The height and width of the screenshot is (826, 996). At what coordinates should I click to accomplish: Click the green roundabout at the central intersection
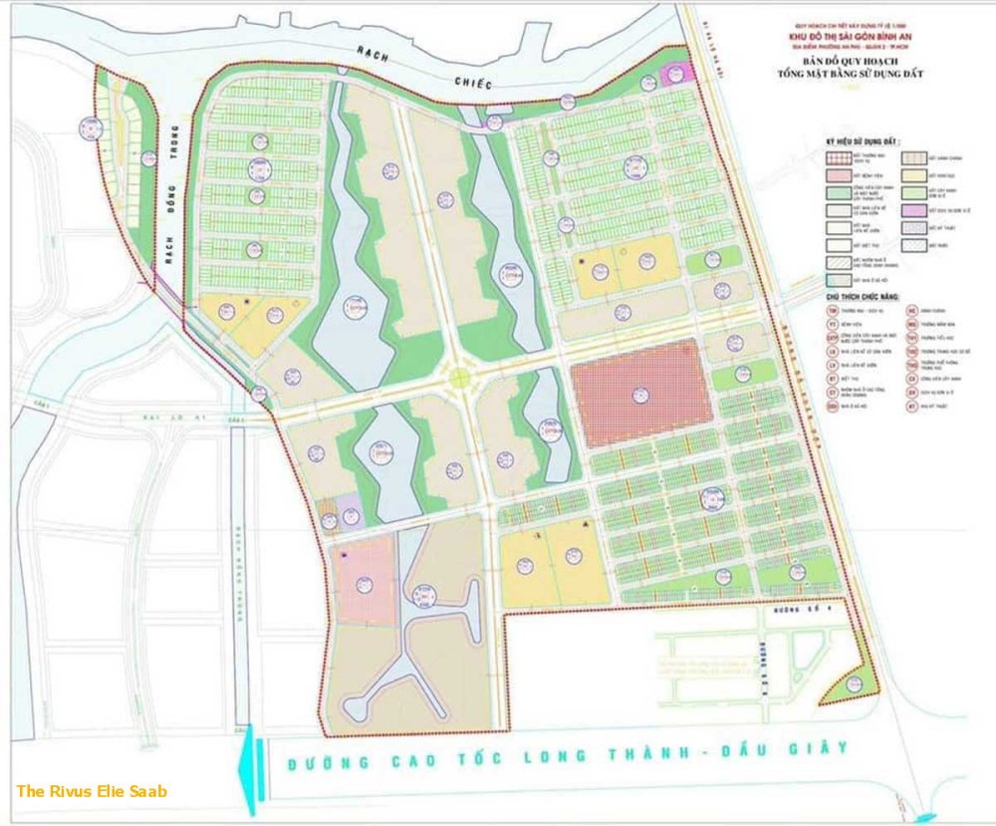coord(459,378)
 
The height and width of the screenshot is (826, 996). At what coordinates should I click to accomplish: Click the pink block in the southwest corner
coord(365,580)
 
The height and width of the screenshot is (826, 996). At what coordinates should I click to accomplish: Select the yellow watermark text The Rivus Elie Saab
coord(92,791)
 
